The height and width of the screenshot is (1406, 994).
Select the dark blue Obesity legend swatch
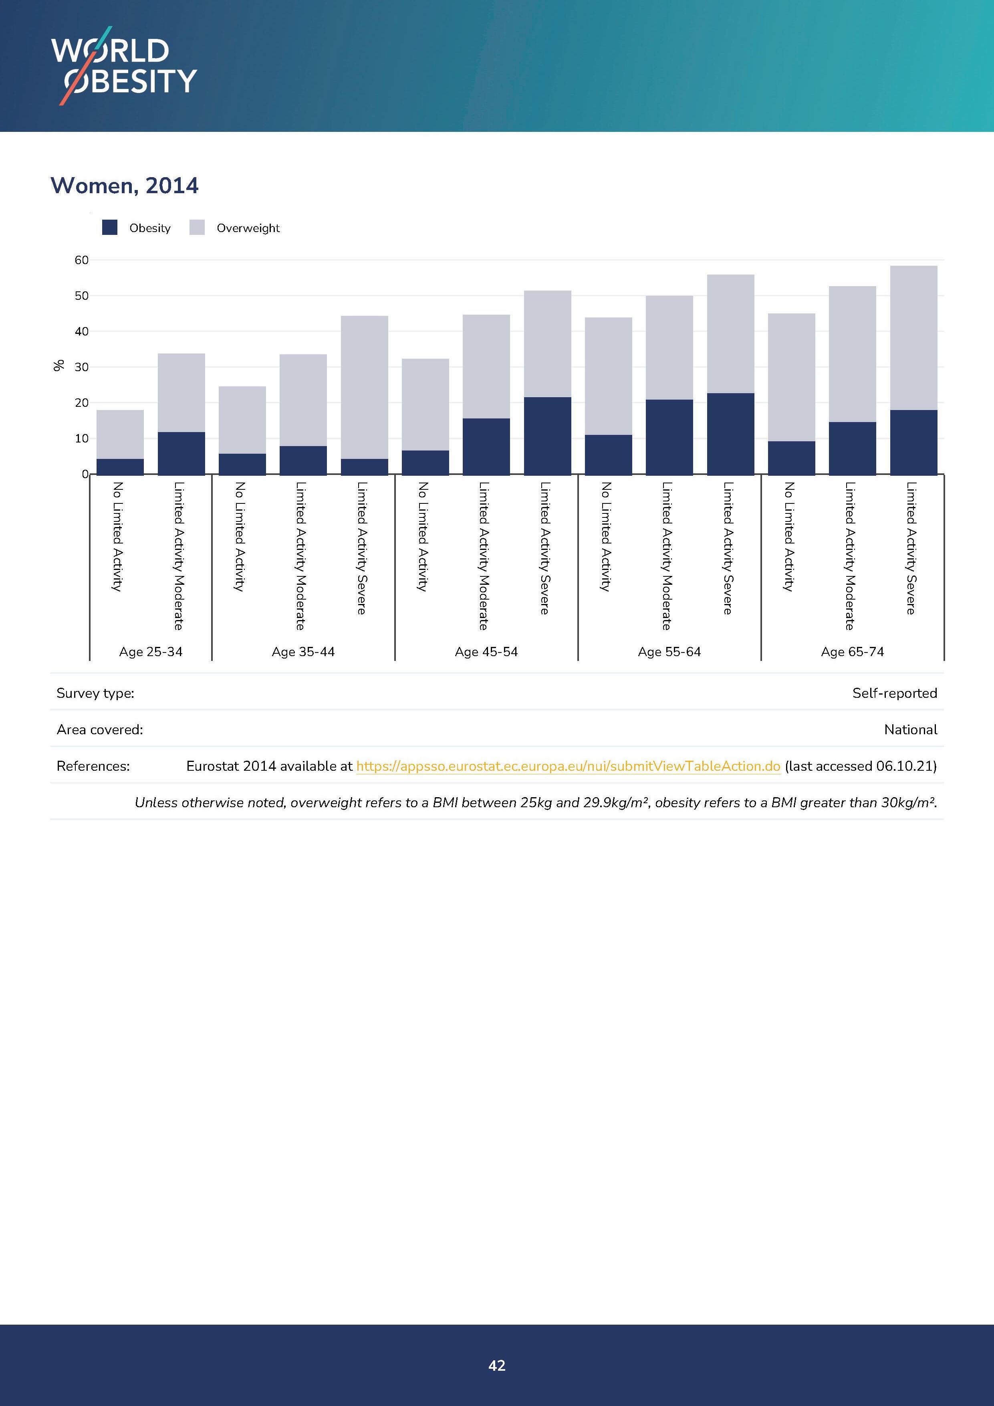[109, 228]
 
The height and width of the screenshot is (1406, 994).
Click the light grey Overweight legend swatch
[197, 228]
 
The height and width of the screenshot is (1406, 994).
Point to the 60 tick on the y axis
[81, 260]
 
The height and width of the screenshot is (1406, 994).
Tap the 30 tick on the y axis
[81, 368]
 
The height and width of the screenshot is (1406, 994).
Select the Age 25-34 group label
[151, 652]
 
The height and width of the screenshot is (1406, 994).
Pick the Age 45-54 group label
[486, 652]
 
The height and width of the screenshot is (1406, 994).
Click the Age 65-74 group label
[852, 652]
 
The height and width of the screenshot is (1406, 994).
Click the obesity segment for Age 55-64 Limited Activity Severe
[730, 434]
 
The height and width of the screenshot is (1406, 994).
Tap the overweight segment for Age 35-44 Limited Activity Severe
[364, 387]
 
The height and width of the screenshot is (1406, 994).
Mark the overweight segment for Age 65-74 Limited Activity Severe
[913, 338]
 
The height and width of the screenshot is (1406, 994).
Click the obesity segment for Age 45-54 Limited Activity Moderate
[486, 446]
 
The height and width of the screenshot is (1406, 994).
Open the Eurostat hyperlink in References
[568, 766]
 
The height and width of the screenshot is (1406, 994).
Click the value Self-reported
[894, 693]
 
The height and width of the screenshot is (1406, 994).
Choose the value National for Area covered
[910, 729]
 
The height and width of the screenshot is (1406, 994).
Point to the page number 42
[497, 1365]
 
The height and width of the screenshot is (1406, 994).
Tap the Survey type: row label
[95, 693]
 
